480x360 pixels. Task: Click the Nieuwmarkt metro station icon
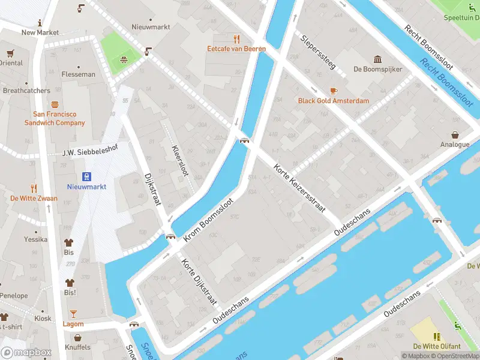click(x=87, y=176)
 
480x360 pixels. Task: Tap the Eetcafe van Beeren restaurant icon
click(x=236, y=37)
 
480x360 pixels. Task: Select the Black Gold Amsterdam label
click(x=334, y=101)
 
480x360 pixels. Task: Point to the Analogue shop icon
click(x=455, y=134)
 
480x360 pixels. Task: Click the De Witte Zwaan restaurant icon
click(x=34, y=188)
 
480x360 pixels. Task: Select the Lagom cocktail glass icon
click(x=73, y=313)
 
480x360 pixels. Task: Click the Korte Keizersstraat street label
click(x=299, y=188)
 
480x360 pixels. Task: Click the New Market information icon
click(x=40, y=23)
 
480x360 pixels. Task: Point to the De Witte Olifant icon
click(x=437, y=336)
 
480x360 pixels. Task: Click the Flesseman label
click(x=78, y=74)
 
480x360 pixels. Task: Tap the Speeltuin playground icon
click(x=471, y=8)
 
